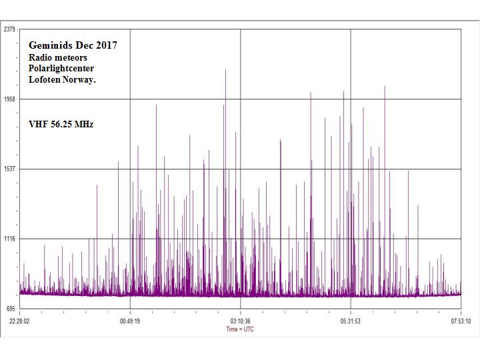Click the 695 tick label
(x=10, y=309)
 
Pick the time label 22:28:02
(x=19, y=320)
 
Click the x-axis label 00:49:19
(x=130, y=320)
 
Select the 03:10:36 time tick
(x=240, y=320)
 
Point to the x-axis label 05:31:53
(x=351, y=320)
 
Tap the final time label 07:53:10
(x=461, y=320)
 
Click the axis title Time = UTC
(x=239, y=329)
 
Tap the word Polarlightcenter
(x=61, y=69)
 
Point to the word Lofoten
(x=45, y=80)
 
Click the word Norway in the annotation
(x=79, y=80)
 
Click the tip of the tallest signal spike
(x=225, y=69)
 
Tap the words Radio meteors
(x=57, y=57)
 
